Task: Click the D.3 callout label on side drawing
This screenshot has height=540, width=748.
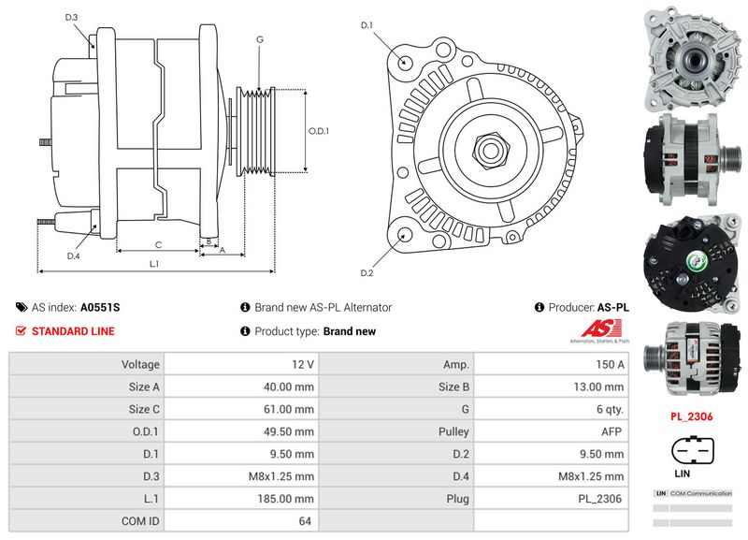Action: click(x=72, y=18)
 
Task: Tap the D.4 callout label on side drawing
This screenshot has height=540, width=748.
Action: click(x=73, y=255)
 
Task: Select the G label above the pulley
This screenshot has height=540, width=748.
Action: click(x=259, y=38)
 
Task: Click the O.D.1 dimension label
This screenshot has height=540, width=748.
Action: click(x=319, y=130)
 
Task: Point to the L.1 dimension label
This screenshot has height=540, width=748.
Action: click(x=154, y=264)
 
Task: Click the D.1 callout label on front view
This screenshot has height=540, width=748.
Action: click(x=367, y=24)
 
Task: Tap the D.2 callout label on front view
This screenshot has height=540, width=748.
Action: click(x=367, y=272)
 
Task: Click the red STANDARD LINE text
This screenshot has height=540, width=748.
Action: click(x=73, y=331)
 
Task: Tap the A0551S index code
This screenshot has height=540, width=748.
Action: click(x=100, y=307)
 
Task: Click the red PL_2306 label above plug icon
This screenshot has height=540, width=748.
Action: click(x=691, y=416)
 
